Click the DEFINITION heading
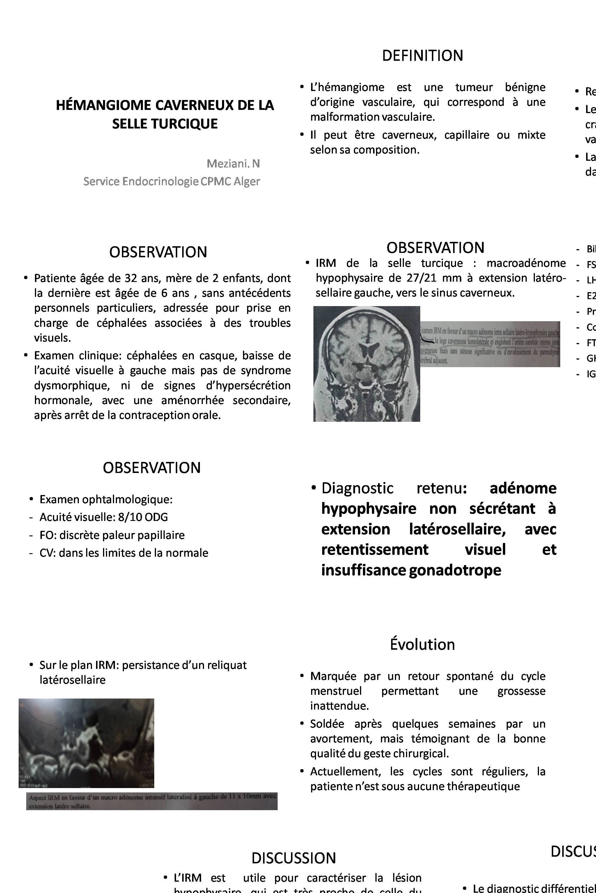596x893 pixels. pos(422,56)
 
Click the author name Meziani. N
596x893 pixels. pos(233,164)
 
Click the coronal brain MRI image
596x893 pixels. pos(366,363)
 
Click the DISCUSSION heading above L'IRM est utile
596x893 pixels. pos(293,858)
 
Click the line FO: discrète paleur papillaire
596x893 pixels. pos(112,535)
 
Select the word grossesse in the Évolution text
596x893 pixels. pos(521,691)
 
